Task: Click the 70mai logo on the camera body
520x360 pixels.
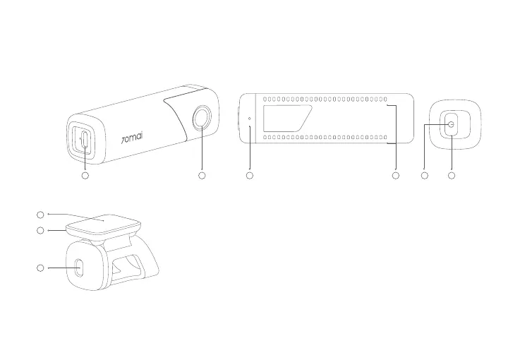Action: [x=132, y=134]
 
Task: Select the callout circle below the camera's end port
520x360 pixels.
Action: [x=85, y=174]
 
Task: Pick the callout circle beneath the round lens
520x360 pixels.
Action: [x=202, y=174]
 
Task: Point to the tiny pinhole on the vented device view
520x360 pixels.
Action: [x=249, y=117]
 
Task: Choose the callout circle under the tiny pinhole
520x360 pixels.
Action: [x=249, y=174]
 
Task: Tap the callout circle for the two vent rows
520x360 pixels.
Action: [x=395, y=174]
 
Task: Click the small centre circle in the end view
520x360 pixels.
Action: [x=452, y=124]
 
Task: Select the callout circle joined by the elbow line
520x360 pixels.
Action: [x=425, y=174]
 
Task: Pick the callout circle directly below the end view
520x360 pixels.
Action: [x=452, y=174]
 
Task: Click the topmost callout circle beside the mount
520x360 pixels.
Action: [x=40, y=213]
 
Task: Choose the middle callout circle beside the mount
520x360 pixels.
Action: [x=40, y=230]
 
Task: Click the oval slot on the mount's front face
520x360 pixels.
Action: [x=78, y=268]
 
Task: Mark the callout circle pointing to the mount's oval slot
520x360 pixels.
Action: [x=40, y=268]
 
